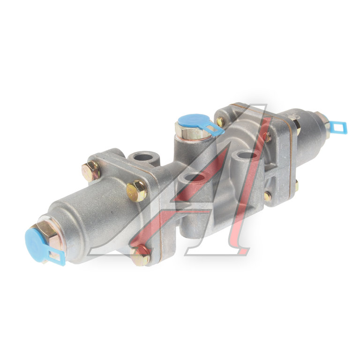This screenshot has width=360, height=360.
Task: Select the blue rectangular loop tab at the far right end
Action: point(339,127)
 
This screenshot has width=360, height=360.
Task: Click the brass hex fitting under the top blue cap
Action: point(193,132)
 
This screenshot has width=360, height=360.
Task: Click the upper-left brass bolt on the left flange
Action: point(91,171)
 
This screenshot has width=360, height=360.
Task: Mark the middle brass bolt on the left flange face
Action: point(137,191)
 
